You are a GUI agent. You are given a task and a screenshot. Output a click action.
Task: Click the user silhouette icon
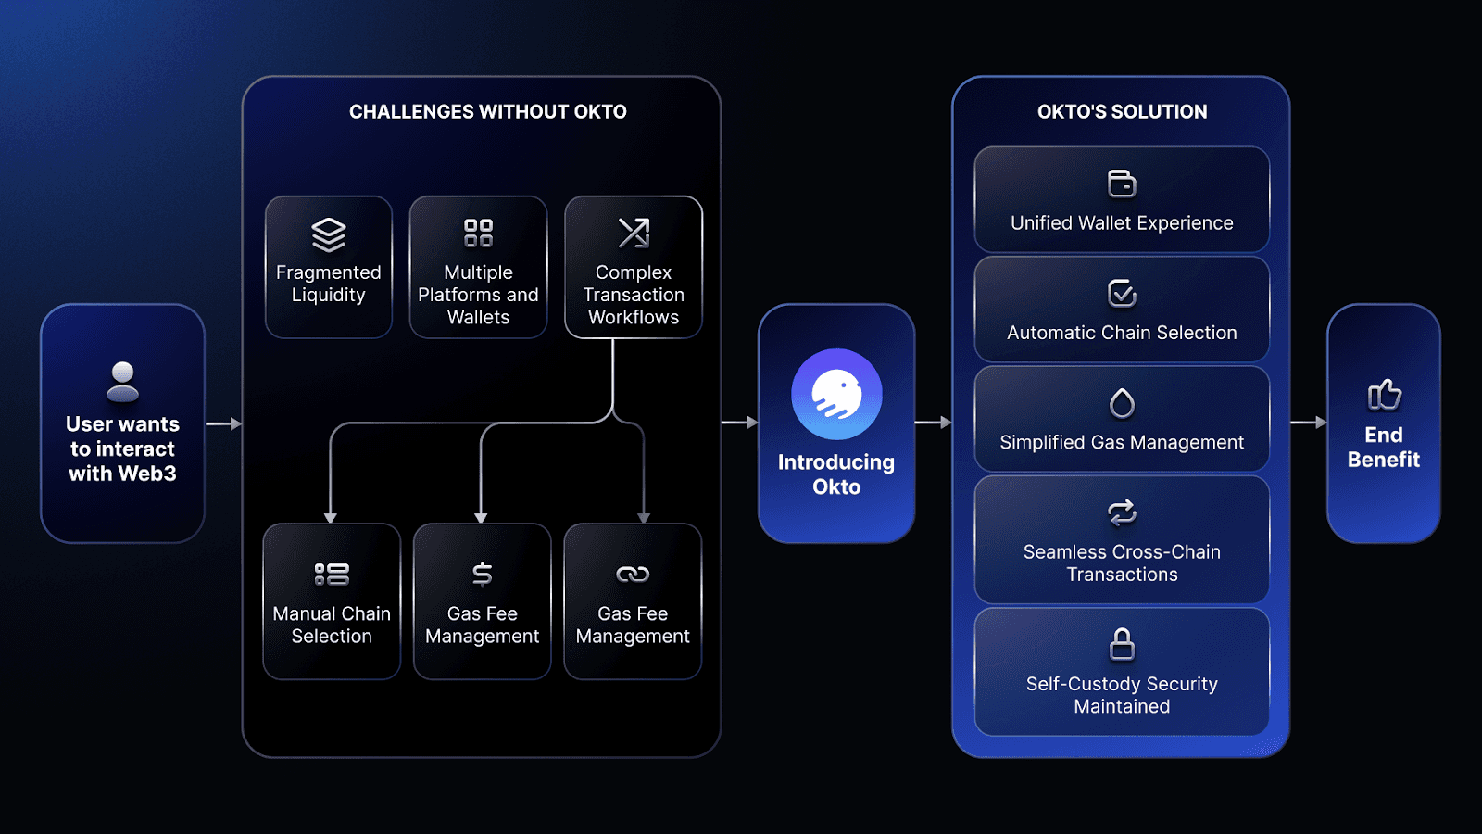click(122, 381)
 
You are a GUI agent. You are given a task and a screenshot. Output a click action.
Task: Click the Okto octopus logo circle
click(836, 394)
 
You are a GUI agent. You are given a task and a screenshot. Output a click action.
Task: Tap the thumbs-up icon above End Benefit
click(1384, 395)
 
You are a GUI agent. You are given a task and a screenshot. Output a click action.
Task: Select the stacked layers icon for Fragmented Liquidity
click(328, 234)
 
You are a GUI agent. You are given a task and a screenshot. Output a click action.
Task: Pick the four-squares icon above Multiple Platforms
click(478, 233)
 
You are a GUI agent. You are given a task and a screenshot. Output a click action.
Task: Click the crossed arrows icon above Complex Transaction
click(634, 233)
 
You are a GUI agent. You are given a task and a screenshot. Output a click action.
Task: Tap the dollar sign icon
click(482, 575)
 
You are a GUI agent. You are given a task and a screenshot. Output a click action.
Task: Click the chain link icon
click(633, 575)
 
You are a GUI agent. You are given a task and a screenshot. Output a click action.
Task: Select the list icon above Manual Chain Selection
click(332, 575)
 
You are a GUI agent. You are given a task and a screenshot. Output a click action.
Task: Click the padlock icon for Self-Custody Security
click(1122, 644)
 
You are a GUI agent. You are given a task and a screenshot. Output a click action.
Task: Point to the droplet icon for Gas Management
click(1122, 403)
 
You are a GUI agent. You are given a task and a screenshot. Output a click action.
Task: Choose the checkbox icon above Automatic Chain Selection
click(1122, 294)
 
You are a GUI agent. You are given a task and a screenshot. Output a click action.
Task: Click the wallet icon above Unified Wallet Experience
click(1122, 183)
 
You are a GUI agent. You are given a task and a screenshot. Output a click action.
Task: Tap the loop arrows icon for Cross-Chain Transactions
click(1122, 512)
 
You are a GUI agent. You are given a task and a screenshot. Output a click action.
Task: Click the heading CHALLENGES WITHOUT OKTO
click(487, 112)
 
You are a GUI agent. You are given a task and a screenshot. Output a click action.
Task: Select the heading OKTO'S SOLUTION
click(1122, 112)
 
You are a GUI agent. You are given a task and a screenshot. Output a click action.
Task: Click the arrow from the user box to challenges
click(223, 423)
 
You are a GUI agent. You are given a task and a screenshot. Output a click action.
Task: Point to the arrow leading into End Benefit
click(1308, 423)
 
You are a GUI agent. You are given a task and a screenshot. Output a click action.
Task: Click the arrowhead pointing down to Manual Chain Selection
click(331, 517)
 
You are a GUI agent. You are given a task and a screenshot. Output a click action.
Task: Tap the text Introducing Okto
click(836, 474)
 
